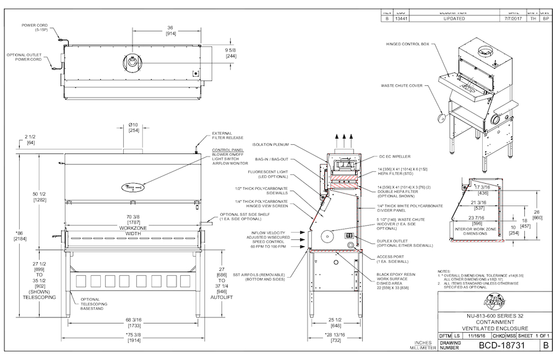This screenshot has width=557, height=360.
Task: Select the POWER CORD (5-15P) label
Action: pos(35,27)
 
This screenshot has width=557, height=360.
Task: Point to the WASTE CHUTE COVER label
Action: pos(402,86)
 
